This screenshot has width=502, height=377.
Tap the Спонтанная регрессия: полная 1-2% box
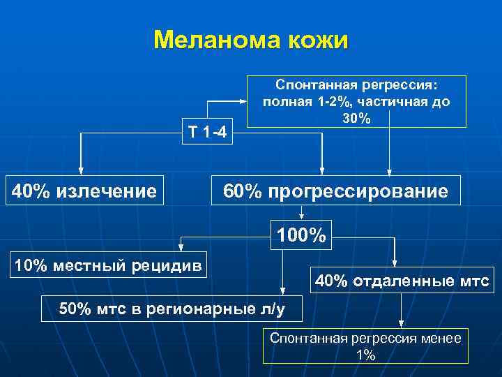click(x=356, y=101)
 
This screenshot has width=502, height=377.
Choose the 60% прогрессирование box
click(x=335, y=190)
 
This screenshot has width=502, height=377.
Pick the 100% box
click(x=301, y=236)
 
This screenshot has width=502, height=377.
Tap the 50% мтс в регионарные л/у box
click(x=172, y=308)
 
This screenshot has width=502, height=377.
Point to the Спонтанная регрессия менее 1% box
click(x=365, y=346)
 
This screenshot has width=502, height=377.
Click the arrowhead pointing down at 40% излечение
click(x=81, y=170)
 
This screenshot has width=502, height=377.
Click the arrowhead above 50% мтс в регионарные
click(x=282, y=290)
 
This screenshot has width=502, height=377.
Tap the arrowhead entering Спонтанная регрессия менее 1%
click(x=401, y=323)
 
